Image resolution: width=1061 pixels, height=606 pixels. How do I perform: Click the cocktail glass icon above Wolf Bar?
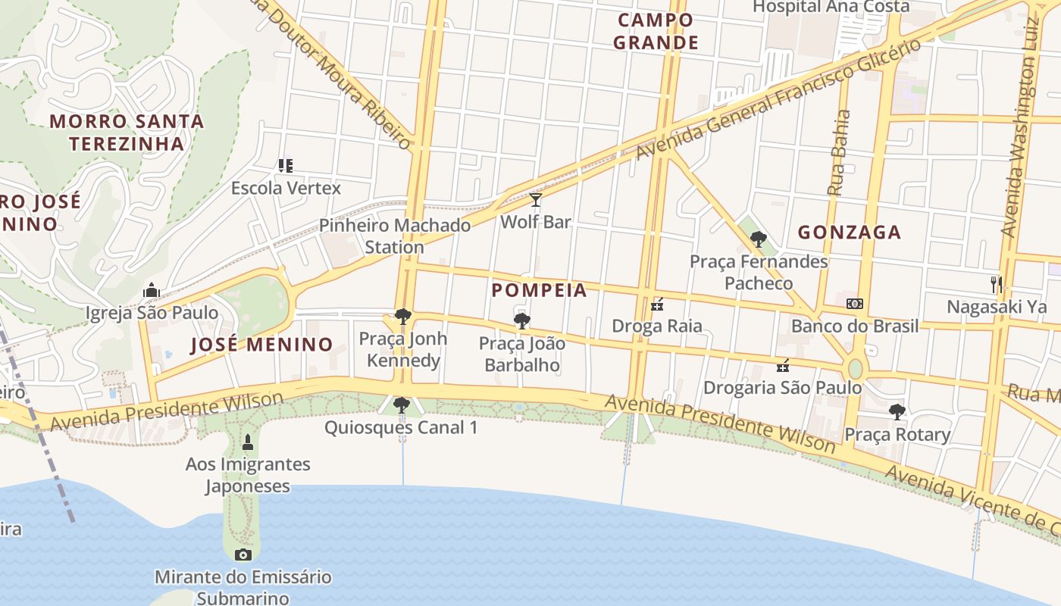click(536, 200)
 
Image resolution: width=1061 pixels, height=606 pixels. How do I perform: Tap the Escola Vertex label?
click(286, 188)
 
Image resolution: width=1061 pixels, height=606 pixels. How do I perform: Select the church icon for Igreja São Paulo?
click(152, 290)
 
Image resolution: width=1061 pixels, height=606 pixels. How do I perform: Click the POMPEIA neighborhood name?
click(539, 290)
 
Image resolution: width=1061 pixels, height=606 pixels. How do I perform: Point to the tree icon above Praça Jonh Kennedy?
click(402, 316)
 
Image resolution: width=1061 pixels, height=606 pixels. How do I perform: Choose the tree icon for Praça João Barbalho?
click(521, 321)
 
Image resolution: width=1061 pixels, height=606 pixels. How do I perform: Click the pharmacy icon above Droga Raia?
click(657, 305)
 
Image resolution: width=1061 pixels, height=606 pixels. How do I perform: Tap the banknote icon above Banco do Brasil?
click(854, 304)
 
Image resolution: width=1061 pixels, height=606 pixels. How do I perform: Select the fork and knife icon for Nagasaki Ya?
click(997, 285)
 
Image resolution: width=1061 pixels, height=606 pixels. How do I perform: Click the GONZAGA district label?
click(850, 233)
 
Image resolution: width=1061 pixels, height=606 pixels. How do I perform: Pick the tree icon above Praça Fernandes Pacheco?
click(758, 239)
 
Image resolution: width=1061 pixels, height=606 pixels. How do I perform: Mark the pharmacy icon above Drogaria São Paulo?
click(783, 366)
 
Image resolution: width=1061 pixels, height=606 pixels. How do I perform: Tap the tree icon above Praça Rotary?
click(897, 412)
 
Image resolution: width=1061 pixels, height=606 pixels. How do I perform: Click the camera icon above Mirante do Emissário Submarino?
click(243, 554)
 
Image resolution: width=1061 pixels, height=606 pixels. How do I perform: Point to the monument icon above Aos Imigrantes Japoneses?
click(247, 442)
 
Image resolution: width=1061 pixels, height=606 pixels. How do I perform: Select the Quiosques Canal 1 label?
click(401, 428)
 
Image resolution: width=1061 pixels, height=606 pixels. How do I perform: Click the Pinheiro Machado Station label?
click(394, 236)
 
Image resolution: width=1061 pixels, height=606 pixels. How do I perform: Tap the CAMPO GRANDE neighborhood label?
click(656, 31)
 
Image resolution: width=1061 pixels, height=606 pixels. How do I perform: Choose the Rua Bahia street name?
click(840, 153)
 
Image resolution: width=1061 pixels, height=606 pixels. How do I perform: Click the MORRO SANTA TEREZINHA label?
click(127, 132)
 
